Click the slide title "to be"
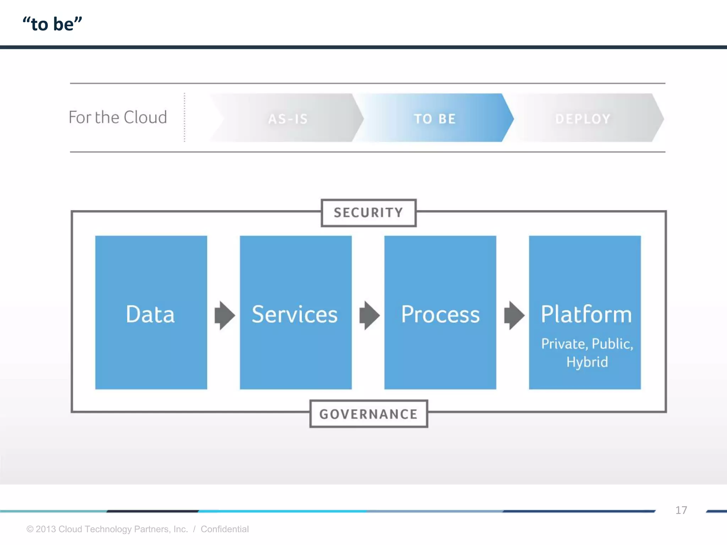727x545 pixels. point(53,24)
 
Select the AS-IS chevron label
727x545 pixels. point(288,119)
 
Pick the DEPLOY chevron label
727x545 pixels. point(583,119)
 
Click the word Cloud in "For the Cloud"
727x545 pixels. point(145,117)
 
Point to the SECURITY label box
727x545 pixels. point(368,213)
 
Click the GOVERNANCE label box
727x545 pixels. point(368,414)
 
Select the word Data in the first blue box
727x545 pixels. point(151,314)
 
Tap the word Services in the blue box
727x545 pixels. point(295,314)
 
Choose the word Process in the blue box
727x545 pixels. point(440,314)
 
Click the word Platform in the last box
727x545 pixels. point(586,314)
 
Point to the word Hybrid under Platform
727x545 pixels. point(587,362)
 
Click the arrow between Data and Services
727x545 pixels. point(225,315)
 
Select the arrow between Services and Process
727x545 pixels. point(369,315)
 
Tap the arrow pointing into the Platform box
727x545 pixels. point(514,315)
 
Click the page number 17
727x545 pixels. point(681,510)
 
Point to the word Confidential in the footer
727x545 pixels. point(224,529)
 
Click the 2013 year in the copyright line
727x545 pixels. point(46,529)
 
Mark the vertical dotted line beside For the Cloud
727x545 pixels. point(185,117)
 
